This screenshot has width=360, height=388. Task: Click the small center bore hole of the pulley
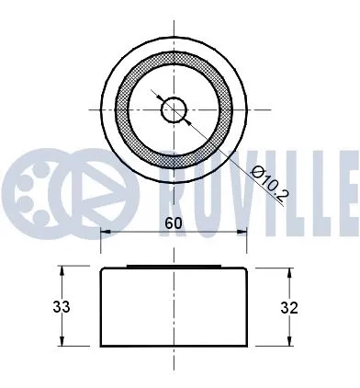(174, 110)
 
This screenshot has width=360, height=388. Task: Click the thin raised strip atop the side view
(174, 268)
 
